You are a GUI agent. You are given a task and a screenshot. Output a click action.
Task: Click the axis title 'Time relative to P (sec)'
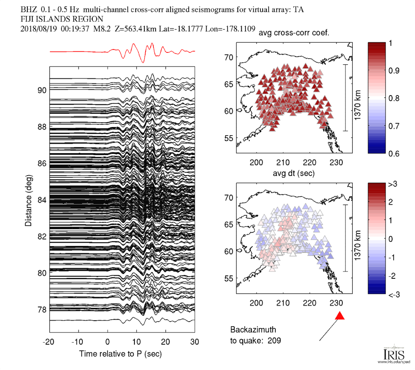click(x=120, y=354)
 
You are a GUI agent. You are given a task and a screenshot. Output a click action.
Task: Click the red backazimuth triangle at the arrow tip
click(x=340, y=316)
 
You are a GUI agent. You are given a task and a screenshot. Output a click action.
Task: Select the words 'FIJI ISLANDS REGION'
click(x=61, y=19)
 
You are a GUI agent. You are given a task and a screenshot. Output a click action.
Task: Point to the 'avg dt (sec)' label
click(x=294, y=173)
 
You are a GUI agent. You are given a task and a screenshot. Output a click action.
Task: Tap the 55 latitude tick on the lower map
click(x=230, y=278)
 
